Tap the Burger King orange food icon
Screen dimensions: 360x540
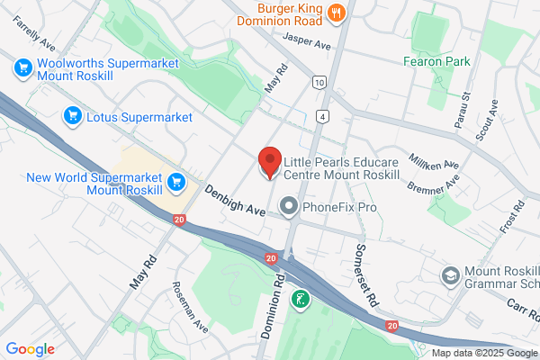(337, 13)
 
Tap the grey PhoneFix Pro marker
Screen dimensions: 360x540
(289, 208)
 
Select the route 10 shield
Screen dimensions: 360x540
(319, 82)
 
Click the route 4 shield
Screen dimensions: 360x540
(321, 117)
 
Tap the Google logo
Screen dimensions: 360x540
(30, 349)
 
